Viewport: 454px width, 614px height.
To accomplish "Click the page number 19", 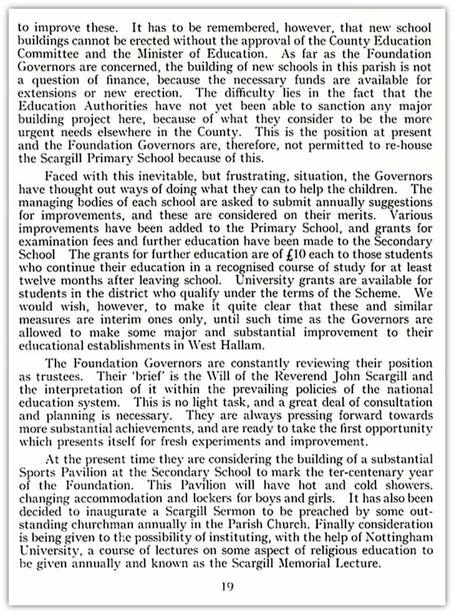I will pos(228,587).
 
